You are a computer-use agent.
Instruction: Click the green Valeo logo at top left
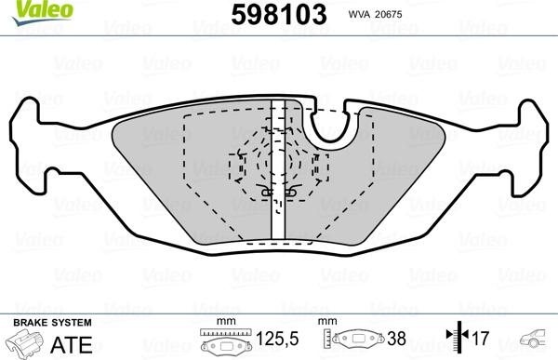(43, 13)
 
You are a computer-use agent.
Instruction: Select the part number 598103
(279, 14)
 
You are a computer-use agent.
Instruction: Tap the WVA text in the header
(360, 14)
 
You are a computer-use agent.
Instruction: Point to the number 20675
(389, 14)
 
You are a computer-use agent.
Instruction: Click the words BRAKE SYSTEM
(52, 323)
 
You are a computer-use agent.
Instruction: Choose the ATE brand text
(72, 345)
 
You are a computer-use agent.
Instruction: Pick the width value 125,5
(277, 339)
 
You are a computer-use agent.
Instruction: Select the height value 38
(396, 339)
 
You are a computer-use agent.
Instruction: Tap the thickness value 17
(481, 338)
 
